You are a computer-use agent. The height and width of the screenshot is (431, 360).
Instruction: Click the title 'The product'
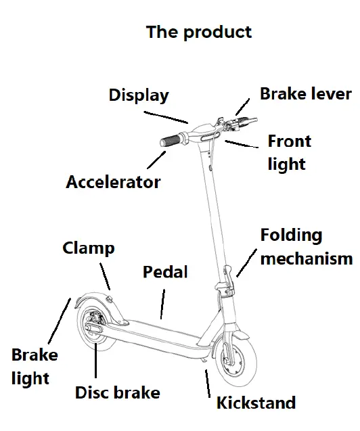pyautogui.click(x=198, y=32)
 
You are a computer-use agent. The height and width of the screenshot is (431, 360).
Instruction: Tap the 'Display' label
pyautogui.click(x=139, y=95)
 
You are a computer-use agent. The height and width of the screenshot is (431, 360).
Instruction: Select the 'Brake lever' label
pyautogui.click(x=306, y=93)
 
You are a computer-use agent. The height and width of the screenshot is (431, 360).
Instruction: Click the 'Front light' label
pyautogui.click(x=288, y=152)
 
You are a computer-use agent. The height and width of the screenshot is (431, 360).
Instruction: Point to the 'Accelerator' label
pyautogui.click(x=113, y=182)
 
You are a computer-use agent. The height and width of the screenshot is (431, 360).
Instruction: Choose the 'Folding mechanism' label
pyautogui.click(x=306, y=246)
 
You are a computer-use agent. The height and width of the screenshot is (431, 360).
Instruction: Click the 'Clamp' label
pyautogui.click(x=89, y=248)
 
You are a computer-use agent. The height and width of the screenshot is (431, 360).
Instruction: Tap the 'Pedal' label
pyautogui.click(x=165, y=272)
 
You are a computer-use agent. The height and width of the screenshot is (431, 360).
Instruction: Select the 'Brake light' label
pyautogui.click(x=35, y=366)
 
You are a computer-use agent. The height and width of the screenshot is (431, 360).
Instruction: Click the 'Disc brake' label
pyautogui.click(x=117, y=392)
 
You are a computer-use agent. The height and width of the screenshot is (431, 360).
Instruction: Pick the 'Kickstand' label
pyautogui.click(x=256, y=403)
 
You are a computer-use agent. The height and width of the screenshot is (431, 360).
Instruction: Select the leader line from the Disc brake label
pyautogui.click(x=96, y=359)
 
